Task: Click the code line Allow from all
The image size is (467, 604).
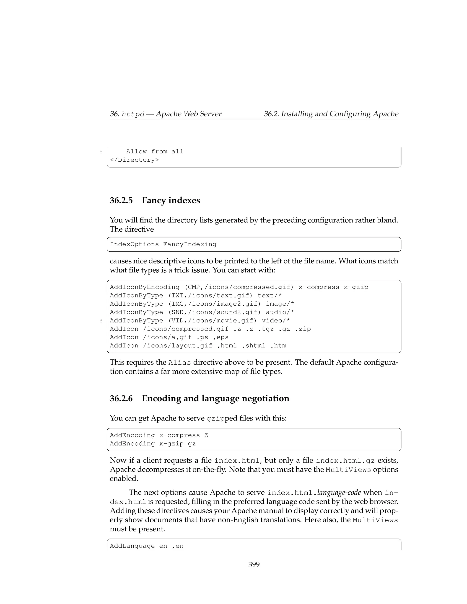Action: click(x=155, y=152)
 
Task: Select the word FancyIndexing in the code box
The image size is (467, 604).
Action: click(x=189, y=245)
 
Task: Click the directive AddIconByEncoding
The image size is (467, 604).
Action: click(x=144, y=287)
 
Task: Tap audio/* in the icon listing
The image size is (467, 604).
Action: click(x=280, y=312)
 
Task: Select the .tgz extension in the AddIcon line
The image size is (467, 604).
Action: click(x=266, y=329)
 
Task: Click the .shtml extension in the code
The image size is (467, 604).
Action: click(x=253, y=346)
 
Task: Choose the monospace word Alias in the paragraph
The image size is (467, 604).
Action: click(x=179, y=363)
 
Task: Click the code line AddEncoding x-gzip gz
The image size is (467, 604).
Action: click(x=153, y=444)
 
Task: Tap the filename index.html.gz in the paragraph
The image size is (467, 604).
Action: click(x=345, y=461)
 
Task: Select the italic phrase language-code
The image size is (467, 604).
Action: click(x=339, y=493)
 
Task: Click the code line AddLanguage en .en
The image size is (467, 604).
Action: click(x=147, y=546)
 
